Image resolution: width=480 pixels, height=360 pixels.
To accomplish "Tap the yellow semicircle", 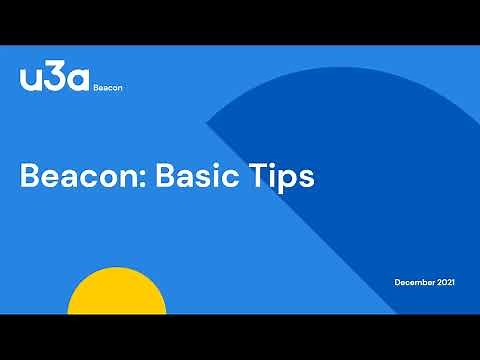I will pos(117,295).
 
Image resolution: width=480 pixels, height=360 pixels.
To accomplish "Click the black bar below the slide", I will pos(240,337).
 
